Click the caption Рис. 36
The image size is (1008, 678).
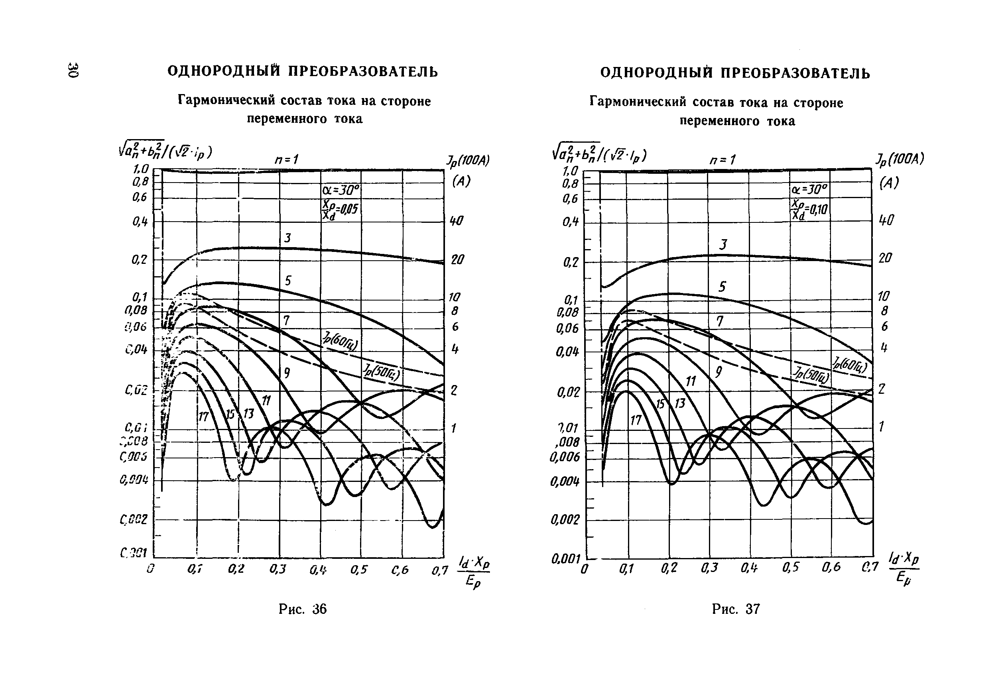tap(302, 609)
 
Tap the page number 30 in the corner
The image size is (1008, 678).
tap(73, 70)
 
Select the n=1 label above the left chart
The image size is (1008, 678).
tap(287, 159)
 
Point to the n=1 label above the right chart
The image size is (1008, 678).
tap(722, 160)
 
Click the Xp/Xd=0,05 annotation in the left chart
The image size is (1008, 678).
tap(341, 210)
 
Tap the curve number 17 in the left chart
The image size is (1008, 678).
tap(203, 417)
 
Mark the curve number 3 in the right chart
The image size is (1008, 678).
tap(723, 245)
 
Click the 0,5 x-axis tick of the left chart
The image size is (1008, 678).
tap(358, 570)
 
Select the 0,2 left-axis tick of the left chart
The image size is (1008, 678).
tap(140, 259)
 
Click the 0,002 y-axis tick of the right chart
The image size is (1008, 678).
tap(564, 519)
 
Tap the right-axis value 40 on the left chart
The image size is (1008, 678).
tap(456, 221)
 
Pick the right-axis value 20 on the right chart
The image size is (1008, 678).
tap(885, 258)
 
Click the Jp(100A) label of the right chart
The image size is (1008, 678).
tap(900, 159)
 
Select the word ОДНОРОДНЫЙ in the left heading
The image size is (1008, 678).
tap(224, 71)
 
